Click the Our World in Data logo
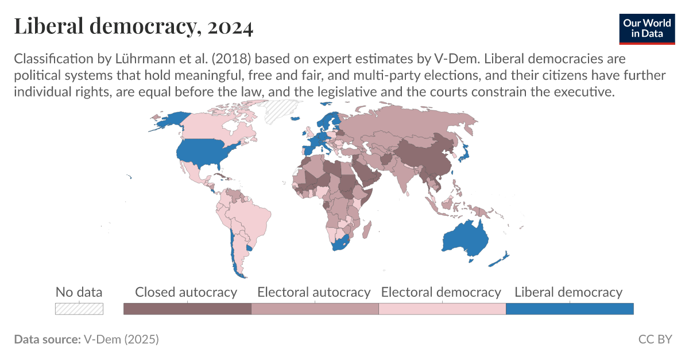point(647,27)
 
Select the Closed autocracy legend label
point(186,292)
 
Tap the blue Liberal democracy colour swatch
point(569,309)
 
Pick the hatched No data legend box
point(79,309)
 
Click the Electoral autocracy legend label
point(314,292)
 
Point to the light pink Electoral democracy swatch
point(442,309)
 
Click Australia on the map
point(465,238)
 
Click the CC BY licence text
point(655,339)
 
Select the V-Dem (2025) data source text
point(121,339)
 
